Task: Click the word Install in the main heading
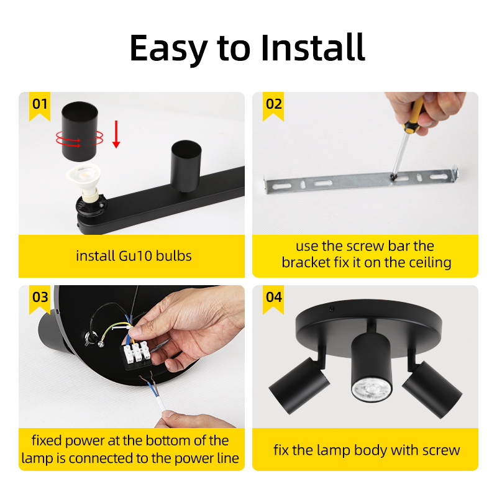pyautogui.click(x=313, y=48)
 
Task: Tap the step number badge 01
pyautogui.click(x=40, y=106)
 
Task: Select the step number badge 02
pyautogui.click(x=273, y=106)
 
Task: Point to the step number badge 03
pyautogui.click(x=40, y=299)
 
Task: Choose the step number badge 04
pyautogui.click(x=273, y=299)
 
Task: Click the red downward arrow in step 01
pyautogui.click(x=116, y=134)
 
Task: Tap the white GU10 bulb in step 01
pyautogui.click(x=84, y=181)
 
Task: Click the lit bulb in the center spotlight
pyautogui.click(x=371, y=391)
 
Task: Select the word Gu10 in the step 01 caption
pyautogui.click(x=135, y=256)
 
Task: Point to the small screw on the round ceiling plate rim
pyautogui.click(x=331, y=308)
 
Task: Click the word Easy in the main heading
pyautogui.click(x=168, y=48)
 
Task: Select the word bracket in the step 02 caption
pyautogui.click(x=301, y=262)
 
